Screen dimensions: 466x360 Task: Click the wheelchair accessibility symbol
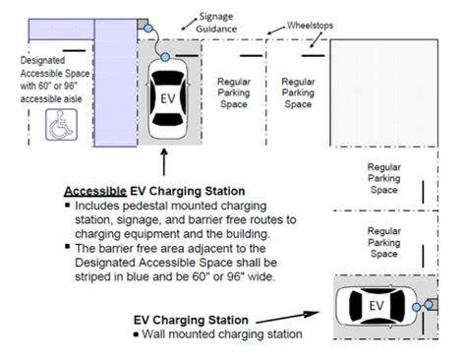click(61, 125)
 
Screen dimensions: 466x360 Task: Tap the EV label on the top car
click(168, 98)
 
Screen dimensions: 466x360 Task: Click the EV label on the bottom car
click(377, 306)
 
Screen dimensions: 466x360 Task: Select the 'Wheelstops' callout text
click(310, 26)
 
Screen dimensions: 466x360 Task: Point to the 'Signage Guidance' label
click(216, 23)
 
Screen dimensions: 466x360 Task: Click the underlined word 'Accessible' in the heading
click(95, 191)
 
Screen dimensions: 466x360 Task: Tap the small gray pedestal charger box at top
click(143, 24)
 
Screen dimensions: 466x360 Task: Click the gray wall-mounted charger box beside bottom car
click(434, 305)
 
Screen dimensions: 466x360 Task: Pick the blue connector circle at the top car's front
click(165, 57)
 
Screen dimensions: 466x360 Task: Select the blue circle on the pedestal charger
click(148, 29)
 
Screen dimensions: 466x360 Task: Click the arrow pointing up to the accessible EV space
click(164, 162)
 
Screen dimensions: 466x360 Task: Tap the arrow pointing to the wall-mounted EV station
click(287, 318)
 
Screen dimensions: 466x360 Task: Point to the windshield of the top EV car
click(168, 79)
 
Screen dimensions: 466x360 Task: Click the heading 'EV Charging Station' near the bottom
click(191, 320)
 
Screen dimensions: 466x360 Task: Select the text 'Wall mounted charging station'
click(222, 334)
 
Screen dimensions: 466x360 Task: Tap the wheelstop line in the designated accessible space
click(74, 50)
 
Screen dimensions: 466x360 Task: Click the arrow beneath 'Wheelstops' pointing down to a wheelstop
click(317, 40)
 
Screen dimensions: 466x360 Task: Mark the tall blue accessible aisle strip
click(115, 83)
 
